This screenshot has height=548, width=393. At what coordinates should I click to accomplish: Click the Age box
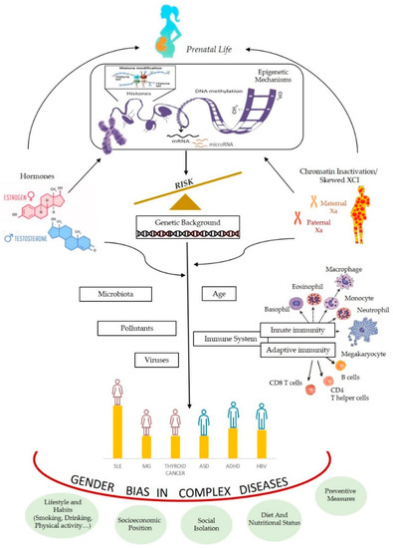click(x=219, y=293)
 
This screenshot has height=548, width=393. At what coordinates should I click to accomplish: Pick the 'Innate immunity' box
click(x=295, y=330)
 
